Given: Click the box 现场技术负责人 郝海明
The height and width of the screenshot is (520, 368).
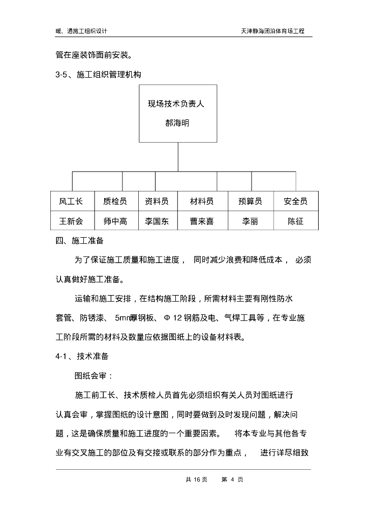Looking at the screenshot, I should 178,114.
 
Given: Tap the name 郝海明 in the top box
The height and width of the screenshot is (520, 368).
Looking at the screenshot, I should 177,123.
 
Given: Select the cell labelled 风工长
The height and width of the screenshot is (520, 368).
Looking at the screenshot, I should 70,201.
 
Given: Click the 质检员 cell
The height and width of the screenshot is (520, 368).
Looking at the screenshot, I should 115,201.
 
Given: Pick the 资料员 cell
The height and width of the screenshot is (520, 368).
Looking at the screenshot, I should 157,201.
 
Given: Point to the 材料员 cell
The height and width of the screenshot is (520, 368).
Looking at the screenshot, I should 202,201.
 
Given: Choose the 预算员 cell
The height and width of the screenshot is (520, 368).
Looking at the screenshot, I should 250,201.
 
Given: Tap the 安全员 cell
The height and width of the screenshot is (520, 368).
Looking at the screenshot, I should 295,201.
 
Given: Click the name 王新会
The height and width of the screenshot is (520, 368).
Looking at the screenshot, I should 70,221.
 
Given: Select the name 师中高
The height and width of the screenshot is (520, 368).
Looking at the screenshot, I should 115,221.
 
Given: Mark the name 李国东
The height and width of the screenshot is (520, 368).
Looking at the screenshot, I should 157,221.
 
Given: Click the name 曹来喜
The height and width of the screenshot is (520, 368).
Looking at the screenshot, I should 202,221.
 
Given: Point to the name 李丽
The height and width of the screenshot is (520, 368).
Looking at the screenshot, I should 250,221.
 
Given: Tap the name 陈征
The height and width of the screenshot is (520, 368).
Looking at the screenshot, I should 295,221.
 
